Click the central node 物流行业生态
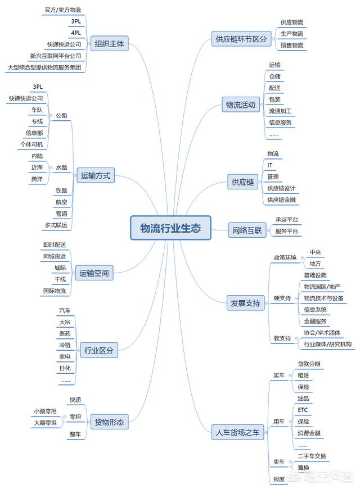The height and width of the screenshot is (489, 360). (170, 228)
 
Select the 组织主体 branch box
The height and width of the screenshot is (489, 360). (109, 44)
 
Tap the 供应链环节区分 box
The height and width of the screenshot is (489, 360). (241, 39)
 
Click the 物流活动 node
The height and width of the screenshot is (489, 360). (241, 105)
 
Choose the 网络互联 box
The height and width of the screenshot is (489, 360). (247, 230)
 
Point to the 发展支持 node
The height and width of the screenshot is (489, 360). (245, 303)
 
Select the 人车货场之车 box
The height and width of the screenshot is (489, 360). (237, 432)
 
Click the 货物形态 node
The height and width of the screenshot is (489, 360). (109, 422)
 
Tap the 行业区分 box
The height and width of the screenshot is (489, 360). (99, 350)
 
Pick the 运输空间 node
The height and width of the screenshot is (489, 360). (94, 273)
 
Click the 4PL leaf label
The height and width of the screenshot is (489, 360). (76, 33)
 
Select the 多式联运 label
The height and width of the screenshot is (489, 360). (56, 225)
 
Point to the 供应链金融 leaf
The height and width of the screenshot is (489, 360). (282, 200)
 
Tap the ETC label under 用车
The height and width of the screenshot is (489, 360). (303, 410)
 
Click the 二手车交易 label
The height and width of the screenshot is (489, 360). (312, 456)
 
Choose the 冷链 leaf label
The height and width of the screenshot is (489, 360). (65, 345)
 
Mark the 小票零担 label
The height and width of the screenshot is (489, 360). (45, 411)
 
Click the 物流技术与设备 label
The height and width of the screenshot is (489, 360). (323, 298)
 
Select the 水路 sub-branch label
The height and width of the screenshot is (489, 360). (61, 167)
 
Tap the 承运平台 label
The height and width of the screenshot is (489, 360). (287, 220)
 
